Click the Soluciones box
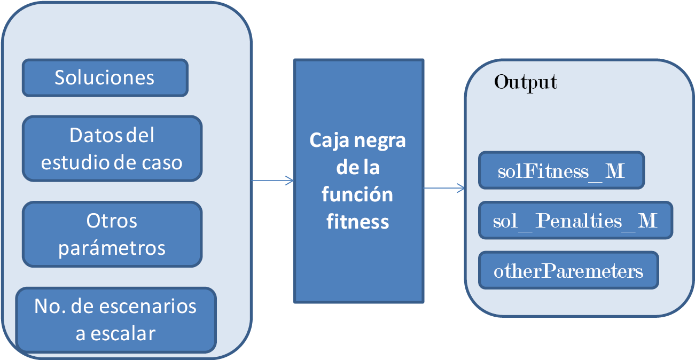point(105,78)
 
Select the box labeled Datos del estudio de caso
point(112,148)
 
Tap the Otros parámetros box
point(112,234)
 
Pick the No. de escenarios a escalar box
point(115,320)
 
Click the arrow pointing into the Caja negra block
point(273,181)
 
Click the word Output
point(526,82)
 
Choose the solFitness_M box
point(561,171)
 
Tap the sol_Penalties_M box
point(575,220)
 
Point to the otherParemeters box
point(568,271)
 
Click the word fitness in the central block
point(357,221)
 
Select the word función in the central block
point(357,194)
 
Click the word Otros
point(112,221)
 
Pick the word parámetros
point(112,248)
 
